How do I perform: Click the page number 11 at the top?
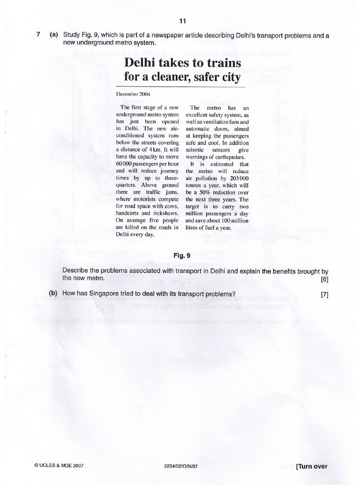point(182,21)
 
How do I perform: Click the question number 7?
point(38,35)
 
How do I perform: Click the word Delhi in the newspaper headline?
point(144,64)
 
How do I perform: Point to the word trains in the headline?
point(222,64)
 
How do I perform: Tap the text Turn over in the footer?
point(312,466)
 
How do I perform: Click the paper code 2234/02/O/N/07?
point(182,466)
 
